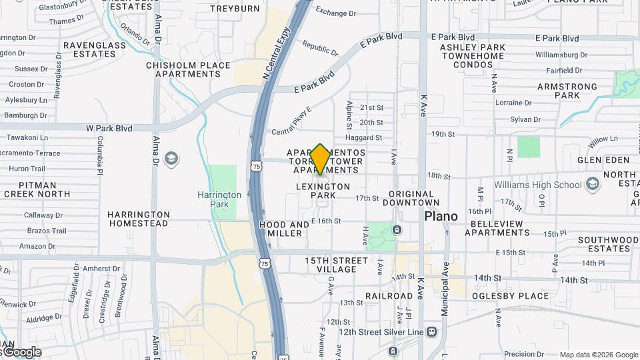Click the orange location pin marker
click(321, 159)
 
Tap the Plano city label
click(441, 217)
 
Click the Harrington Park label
click(219, 199)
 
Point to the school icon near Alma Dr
click(171, 159)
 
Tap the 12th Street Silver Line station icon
click(432, 331)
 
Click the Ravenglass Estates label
click(89, 49)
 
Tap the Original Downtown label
click(415, 198)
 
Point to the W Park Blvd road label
click(109, 127)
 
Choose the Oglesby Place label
click(510, 296)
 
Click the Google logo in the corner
click(21, 351)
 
